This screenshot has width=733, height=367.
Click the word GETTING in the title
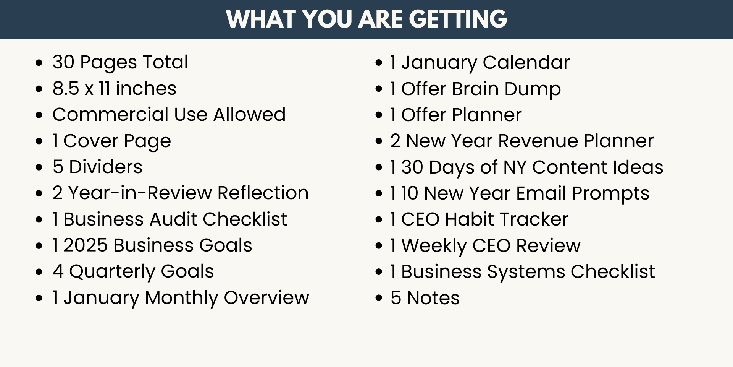(458, 19)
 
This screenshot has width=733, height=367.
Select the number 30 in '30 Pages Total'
(63, 62)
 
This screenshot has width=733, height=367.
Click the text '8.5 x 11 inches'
(115, 88)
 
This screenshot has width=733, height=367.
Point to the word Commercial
(111, 114)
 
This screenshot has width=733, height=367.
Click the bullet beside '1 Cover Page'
(39, 141)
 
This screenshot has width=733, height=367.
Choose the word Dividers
(106, 167)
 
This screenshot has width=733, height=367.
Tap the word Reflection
(263, 193)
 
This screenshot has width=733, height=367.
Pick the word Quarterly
(112, 271)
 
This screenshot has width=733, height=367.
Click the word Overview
(266, 297)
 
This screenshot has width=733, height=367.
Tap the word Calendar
(526, 62)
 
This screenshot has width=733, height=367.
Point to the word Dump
(533, 89)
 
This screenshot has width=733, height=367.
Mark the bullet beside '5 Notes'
(379, 298)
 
